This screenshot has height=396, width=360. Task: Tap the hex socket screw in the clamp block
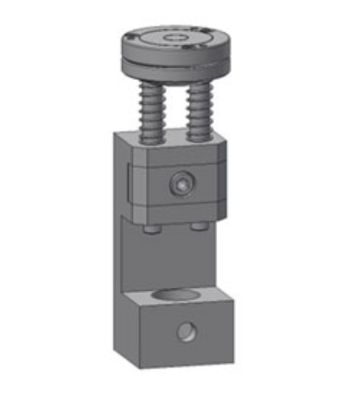pyautogui.click(x=181, y=183)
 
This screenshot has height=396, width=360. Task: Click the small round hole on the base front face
pyautogui.click(x=185, y=332)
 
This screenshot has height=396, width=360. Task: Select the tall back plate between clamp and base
pyautogui.click(x=165, y=253)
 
